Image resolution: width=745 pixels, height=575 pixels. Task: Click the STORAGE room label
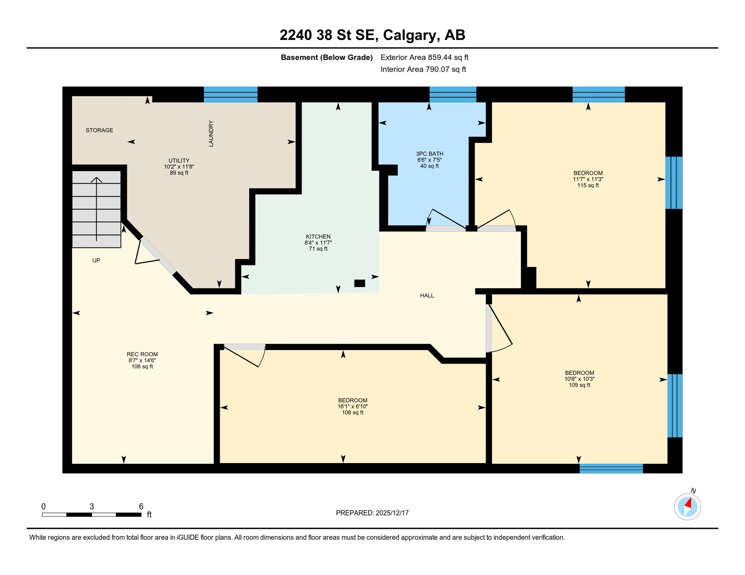click(x=99, y=130)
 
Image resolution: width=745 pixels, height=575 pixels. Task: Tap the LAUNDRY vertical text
click(x=211, y=134)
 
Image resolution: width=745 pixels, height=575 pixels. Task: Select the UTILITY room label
click(x=179, y=161)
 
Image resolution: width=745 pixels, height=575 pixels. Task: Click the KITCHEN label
click(x=318, y=237)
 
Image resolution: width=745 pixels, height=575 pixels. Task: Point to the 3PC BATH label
click(x=429, y=154)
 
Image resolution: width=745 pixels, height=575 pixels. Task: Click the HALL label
click(x=427, y=296)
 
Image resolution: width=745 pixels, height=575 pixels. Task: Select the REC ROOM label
click(x=142, y=355)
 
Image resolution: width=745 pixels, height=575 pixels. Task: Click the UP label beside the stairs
click(x=96, y=261)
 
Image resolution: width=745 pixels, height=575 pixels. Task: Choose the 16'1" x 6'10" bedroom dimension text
click(x=353, y=407)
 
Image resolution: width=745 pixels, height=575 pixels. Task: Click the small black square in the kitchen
click(x=360, y=283)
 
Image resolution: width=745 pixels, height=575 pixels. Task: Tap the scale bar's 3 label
click(x=92, y=506)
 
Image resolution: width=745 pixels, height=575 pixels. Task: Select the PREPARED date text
click(x=372, y=513)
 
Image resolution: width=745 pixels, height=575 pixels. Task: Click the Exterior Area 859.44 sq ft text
click(x=424, y=57)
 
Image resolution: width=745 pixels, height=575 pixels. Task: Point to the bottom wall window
click(x=611, y=468)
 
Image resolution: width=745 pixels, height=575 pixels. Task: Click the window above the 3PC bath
click(x=453, y=94)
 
